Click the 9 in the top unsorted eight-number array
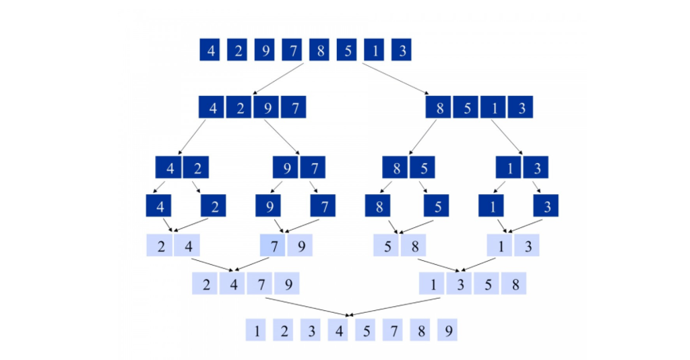click(x=264, y=51)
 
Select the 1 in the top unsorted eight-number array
click(x=374, y=51)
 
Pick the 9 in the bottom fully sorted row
click(x=447, y=331)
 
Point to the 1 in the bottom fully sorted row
click(x=255, y=331)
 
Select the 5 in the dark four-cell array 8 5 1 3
click(x=467, y=108)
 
